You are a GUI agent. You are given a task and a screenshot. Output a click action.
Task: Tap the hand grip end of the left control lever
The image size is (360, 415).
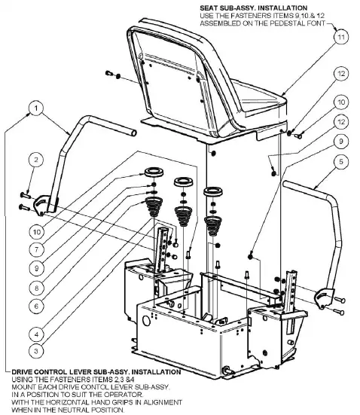coord(132,132)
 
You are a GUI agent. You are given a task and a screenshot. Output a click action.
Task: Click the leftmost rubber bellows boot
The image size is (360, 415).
coord(154,206)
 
